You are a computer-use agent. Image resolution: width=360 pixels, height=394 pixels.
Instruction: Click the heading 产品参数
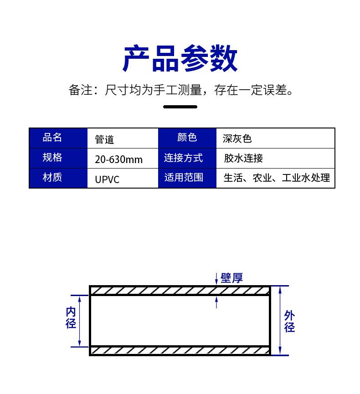coord(180,59)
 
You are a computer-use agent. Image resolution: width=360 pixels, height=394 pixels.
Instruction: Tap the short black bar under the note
coord(180,107)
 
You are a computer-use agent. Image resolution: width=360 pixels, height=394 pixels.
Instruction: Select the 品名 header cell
coord(58,138)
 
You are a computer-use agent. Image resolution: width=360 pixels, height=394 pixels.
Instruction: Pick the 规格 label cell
coord(58,158)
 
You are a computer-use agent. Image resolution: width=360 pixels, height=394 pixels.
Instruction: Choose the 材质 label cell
coord(58,178)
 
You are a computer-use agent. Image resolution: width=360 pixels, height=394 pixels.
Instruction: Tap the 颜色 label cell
coord(187,138)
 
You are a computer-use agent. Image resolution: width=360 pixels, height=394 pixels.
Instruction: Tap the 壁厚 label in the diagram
coord(231,278)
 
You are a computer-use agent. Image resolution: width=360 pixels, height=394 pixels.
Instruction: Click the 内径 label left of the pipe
coord(71,318)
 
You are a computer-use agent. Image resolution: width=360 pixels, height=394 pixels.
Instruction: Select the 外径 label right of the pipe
coord(290,322)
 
